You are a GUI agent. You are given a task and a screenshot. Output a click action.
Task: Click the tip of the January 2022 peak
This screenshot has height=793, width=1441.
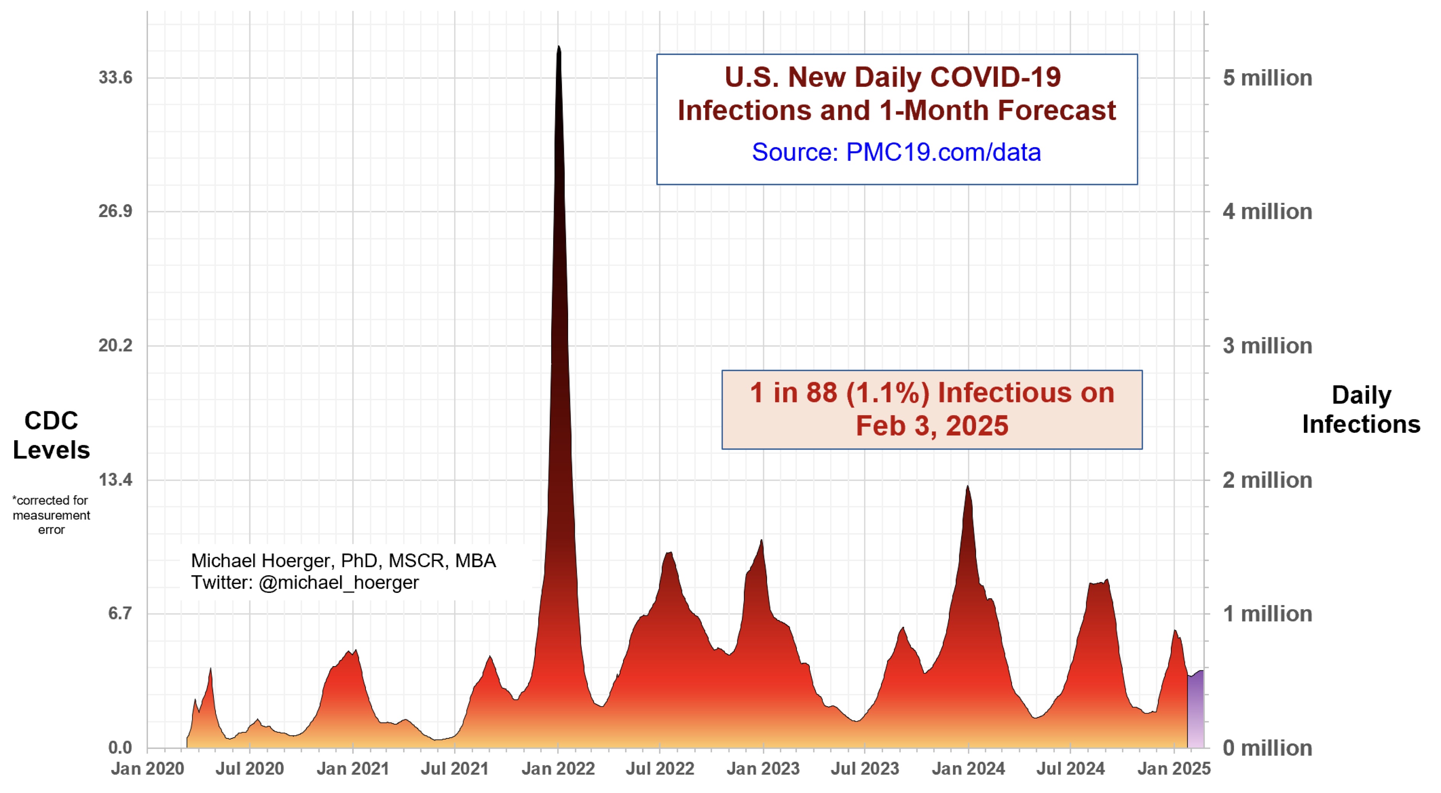pyautogui.click(x=558, y=48)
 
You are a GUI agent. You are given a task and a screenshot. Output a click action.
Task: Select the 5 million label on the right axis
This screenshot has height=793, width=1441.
pyautogui.click(x=1267, y=78)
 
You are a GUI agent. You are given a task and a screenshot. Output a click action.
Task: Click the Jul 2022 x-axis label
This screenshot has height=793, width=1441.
pyautogui.click(x=659, y=769)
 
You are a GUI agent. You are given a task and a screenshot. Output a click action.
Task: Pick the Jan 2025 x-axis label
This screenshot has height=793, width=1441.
pyautogui.click(x=1174, y=769)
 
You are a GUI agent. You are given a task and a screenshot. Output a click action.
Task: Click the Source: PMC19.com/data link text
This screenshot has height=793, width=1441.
pyautogui.click(x=896, y=152)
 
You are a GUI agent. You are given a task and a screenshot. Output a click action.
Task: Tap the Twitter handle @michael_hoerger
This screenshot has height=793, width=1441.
pyautogui.click(x=338, y=583)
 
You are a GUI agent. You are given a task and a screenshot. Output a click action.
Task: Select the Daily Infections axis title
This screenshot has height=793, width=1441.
pyautogui.click(x=1361, y=409)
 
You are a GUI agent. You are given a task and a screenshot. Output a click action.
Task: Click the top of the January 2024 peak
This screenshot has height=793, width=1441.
pyautogui.click(x=967, y=487)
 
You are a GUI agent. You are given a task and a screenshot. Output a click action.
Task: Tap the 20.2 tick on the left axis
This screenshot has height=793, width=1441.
pyautogui.click(x=115, y=346)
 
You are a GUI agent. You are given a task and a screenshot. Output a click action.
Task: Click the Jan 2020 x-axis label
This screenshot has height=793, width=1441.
pyautogui.click(x=147, y=769)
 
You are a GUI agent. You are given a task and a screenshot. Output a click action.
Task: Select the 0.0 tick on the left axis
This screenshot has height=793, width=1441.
pyautogui.click(x=120, y=747)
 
